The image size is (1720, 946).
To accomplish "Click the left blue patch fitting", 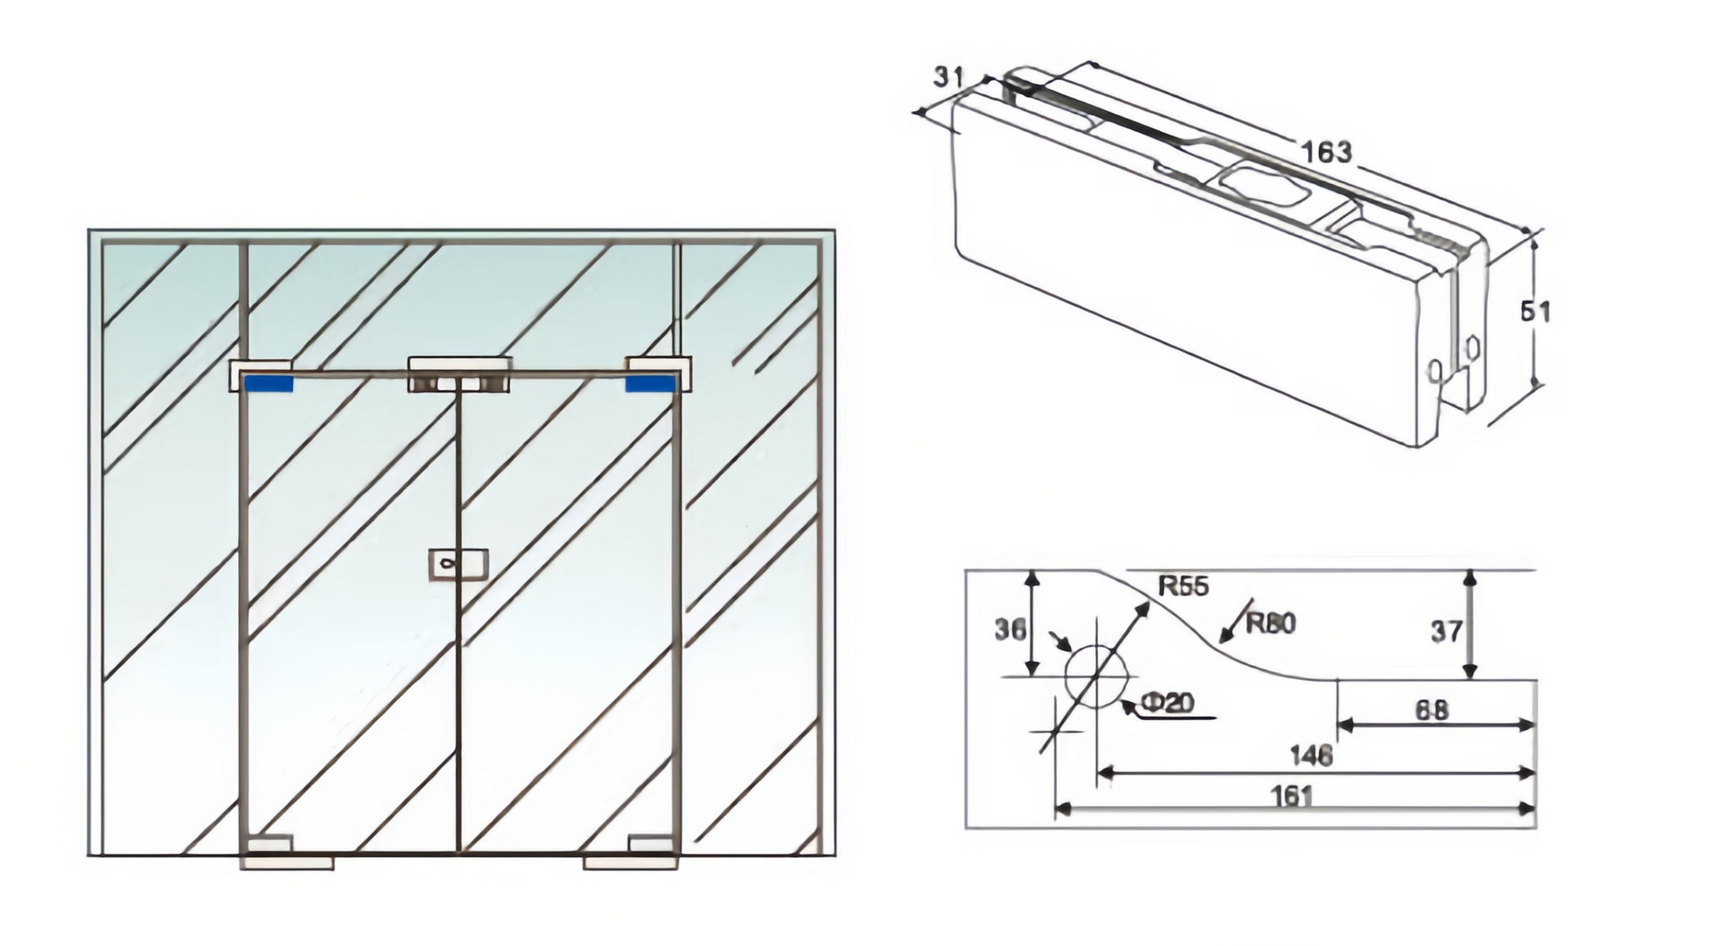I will click(269, 384).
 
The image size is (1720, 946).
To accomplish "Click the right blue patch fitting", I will click(650, 384).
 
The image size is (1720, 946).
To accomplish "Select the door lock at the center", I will click(459, 564).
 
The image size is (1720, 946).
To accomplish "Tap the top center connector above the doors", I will click(459, 374).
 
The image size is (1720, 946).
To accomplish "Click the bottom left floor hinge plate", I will click(287, 863).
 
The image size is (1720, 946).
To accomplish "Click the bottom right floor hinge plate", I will click(631, 863).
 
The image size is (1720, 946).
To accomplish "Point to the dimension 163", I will click(1326, 152).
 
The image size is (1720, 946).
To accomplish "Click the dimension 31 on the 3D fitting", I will click(950, 77).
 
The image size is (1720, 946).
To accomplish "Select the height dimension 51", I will click(1535, 312).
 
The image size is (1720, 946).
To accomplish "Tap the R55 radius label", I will click(1183, 586).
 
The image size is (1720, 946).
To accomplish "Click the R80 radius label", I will click(1271, 623).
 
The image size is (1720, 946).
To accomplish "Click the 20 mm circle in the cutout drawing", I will click(1096, 676).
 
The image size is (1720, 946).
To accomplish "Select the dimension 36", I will click(1010, 629).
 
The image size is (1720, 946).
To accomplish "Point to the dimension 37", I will click(1446, 631).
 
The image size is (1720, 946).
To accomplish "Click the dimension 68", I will click(1432, 710).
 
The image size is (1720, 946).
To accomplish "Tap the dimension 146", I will click(1311, 755).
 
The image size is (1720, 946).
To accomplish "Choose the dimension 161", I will click(1292, 796).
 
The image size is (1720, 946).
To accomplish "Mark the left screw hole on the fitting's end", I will click(1435, 371).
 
